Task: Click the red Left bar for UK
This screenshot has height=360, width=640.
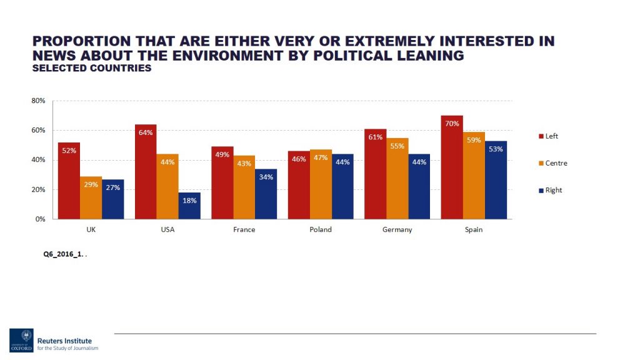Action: (69, 181)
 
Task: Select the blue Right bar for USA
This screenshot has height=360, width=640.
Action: (189, 206)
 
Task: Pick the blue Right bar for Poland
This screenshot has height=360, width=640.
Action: (342, 186)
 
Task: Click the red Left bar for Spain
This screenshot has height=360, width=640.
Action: (451, 167)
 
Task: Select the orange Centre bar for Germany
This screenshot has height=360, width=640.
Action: (397, 179)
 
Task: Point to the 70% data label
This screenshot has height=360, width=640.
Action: (451, 124)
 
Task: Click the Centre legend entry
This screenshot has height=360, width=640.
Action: (556, 163)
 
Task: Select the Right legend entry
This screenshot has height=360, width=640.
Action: (553, 190)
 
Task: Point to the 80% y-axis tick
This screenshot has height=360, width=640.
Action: (38, 101)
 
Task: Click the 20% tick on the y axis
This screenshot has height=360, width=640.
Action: (38, 190)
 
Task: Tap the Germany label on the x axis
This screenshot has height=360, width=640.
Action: (397, 230)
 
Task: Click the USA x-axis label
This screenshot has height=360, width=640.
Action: (167, 230)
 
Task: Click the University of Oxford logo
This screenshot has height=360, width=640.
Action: (21, 340)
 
